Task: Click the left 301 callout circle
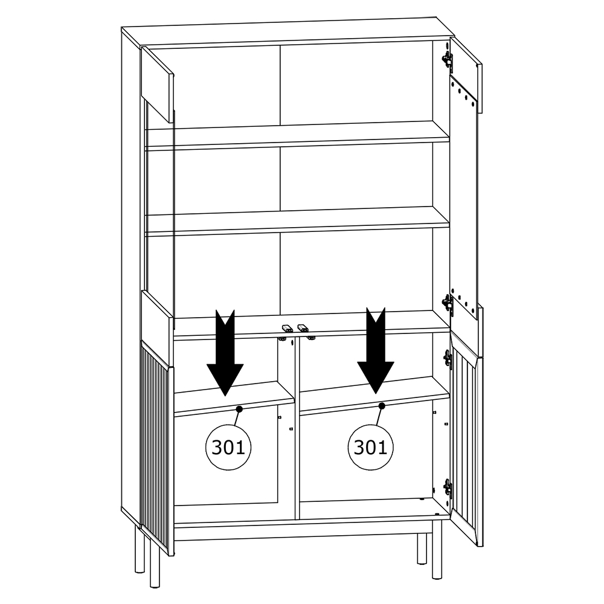click(x=228, y=447)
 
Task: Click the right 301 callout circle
click(x=370, y=447)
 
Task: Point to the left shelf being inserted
click(x=234, y=399)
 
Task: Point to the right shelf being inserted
click(x=374, y=395)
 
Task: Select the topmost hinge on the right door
click(x=447, y=60)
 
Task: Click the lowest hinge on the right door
click(x=447, y=488)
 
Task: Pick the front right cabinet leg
click(x=437, y=549)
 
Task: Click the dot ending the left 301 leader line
click(x=239, y=409)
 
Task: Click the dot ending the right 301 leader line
click(x=382, y=406)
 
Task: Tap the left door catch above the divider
click(x=286, y=328)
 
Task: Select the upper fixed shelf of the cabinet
click(x=297, y=135)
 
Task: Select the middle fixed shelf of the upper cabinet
click(x=297, y=221)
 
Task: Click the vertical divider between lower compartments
click(x=297, y=428)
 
